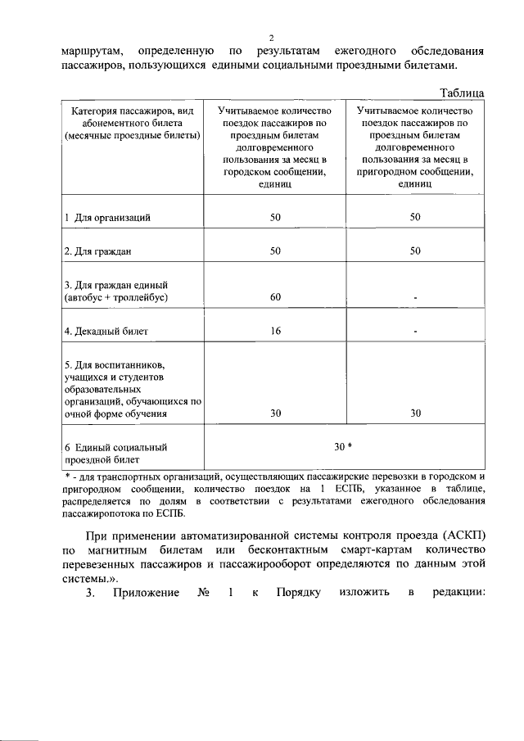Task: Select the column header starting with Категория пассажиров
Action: tap(132, 123)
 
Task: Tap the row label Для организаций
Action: tap(107, 218)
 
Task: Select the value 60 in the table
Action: tap(276, 297)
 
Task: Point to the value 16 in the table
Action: tap(276, 332)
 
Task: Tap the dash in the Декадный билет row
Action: tap(416, 332)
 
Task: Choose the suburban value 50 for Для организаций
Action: tap(416, 217)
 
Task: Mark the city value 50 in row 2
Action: tap(276, 251)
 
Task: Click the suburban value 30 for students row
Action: tap(416, 413)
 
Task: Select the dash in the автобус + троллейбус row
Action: tap(416, 298)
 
